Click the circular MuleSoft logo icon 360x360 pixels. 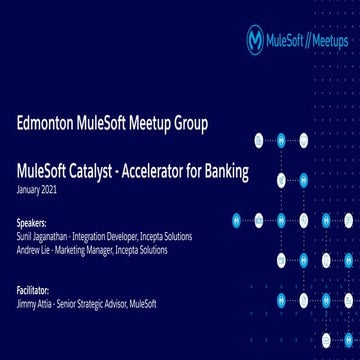pyautogui.click(x=256, y=40)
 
